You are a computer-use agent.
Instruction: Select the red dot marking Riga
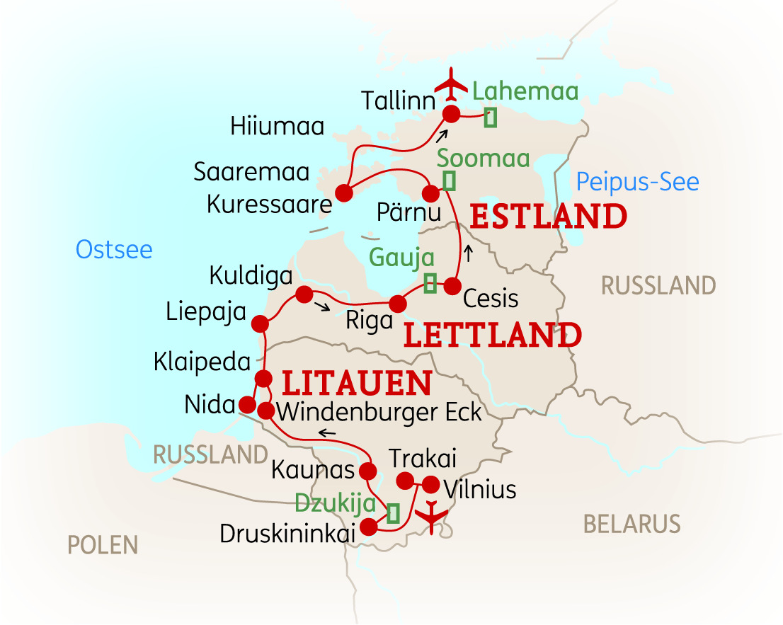coord(398,304)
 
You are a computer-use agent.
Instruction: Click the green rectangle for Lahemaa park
coord(490,118)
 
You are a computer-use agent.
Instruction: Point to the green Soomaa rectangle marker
coord(449,181)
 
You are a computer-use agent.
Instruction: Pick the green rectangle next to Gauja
coord(430,283)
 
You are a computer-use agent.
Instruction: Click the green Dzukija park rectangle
coord(392,512)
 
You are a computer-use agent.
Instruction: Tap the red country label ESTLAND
coord(549,216)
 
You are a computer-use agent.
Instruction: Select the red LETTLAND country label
coord(492,336)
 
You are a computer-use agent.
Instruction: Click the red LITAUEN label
coord(357,384)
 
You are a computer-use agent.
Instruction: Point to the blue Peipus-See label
coord(637,183)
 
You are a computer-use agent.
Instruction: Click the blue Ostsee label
coord(114,249)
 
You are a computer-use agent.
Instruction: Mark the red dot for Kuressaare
coord(344,193)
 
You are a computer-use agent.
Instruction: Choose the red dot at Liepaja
coord(260,323)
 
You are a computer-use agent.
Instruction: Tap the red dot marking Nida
coord(247,405)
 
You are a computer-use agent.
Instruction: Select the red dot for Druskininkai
coord(369,527)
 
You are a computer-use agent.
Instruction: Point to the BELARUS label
coord(631,524)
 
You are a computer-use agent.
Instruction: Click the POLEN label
coord(103,545)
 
